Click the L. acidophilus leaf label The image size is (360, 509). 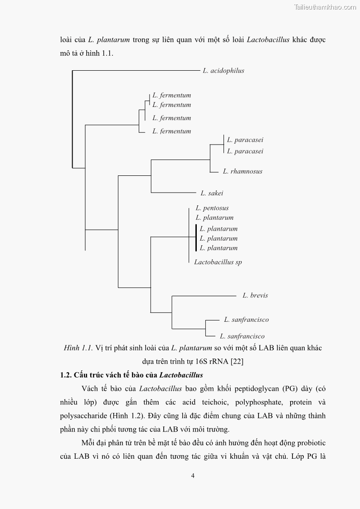[223, 71]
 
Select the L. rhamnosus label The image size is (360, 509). [243, 171]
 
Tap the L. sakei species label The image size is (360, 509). [212, 193]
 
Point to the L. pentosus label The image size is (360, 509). [212, 208]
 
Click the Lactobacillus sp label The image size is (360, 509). [218, 262]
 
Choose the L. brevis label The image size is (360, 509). [255, 296]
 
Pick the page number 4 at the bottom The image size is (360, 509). [193, 475]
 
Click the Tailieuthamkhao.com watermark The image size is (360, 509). [325, 7]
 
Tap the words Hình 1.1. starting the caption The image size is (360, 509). [78, 348]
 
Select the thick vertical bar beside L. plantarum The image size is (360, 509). [196, 238]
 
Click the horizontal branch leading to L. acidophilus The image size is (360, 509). [136, 70]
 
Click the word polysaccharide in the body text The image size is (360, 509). [83, 416]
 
